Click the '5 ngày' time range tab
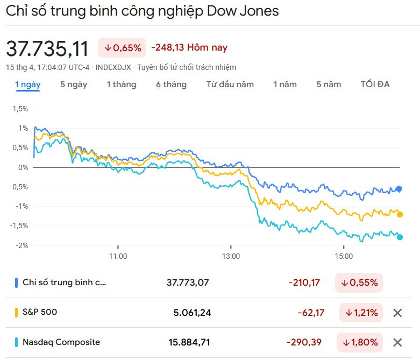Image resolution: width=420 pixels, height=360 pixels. coord(74,84)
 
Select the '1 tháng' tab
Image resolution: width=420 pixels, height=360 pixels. coord(121,84)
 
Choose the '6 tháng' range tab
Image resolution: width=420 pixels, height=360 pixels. coord(171,84)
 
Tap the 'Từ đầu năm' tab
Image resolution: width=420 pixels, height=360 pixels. coord(230,84)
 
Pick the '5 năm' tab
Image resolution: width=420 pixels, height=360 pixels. coord(329,84)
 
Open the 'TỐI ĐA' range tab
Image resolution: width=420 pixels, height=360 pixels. coord(375,84)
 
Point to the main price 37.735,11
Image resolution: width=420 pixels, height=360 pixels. coord(47,48)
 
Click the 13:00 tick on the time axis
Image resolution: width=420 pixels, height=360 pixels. coord(231,256)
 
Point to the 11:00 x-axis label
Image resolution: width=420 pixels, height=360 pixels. coord(118,256)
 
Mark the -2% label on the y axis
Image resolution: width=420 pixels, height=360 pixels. coord(22,245)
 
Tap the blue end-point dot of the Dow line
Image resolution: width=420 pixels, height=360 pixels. coord(399,189)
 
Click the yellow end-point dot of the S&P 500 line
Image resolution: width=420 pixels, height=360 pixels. coord(400,214)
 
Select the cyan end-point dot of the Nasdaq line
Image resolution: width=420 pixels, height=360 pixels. coord(400,237)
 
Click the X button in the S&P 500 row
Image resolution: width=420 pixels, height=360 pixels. coord(397,313)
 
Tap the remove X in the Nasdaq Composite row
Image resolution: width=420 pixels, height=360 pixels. coord(397,342)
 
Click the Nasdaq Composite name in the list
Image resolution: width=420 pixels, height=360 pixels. coord(61,342)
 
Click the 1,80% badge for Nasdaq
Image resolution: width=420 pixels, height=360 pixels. coord(360,342)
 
